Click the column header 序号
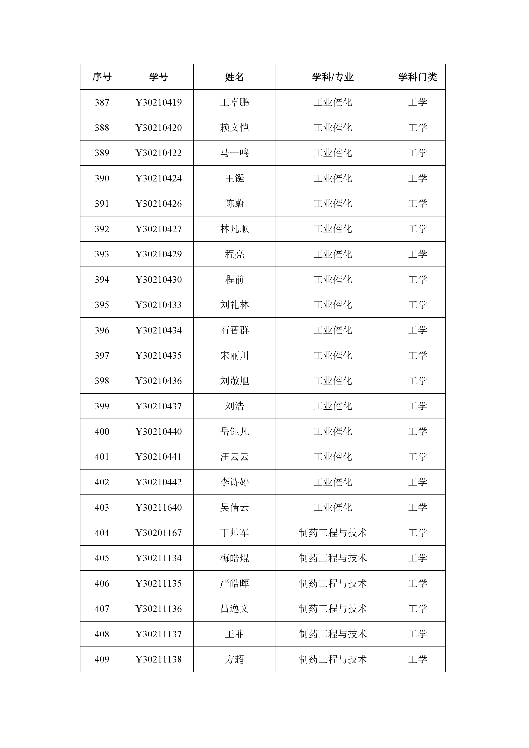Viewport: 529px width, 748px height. [x=102, y=77]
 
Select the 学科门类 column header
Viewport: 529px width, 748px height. [x=417, y=77]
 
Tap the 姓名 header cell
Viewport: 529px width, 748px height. [x=234, y=77]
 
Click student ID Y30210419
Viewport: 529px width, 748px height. [x=158, y=103]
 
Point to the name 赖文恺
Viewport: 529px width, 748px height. [x=234, y=128]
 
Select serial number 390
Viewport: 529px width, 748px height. [x=102, y=178]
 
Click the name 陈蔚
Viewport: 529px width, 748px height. [x=234, y=204]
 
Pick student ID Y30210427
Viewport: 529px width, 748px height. [x=158, y=229]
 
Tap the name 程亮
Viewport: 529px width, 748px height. [x=234, y=254]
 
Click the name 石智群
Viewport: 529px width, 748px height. [x=234, y=330]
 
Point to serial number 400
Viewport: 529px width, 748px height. [x=102, y=432]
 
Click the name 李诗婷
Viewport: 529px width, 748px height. [x=234, y=482]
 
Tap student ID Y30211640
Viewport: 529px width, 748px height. [x=158, y=507]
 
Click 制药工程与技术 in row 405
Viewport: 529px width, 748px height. [x=333, y=558]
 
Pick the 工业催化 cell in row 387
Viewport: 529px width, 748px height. [x=333, y=103]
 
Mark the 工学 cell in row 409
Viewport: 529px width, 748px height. [x=417, y=659]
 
